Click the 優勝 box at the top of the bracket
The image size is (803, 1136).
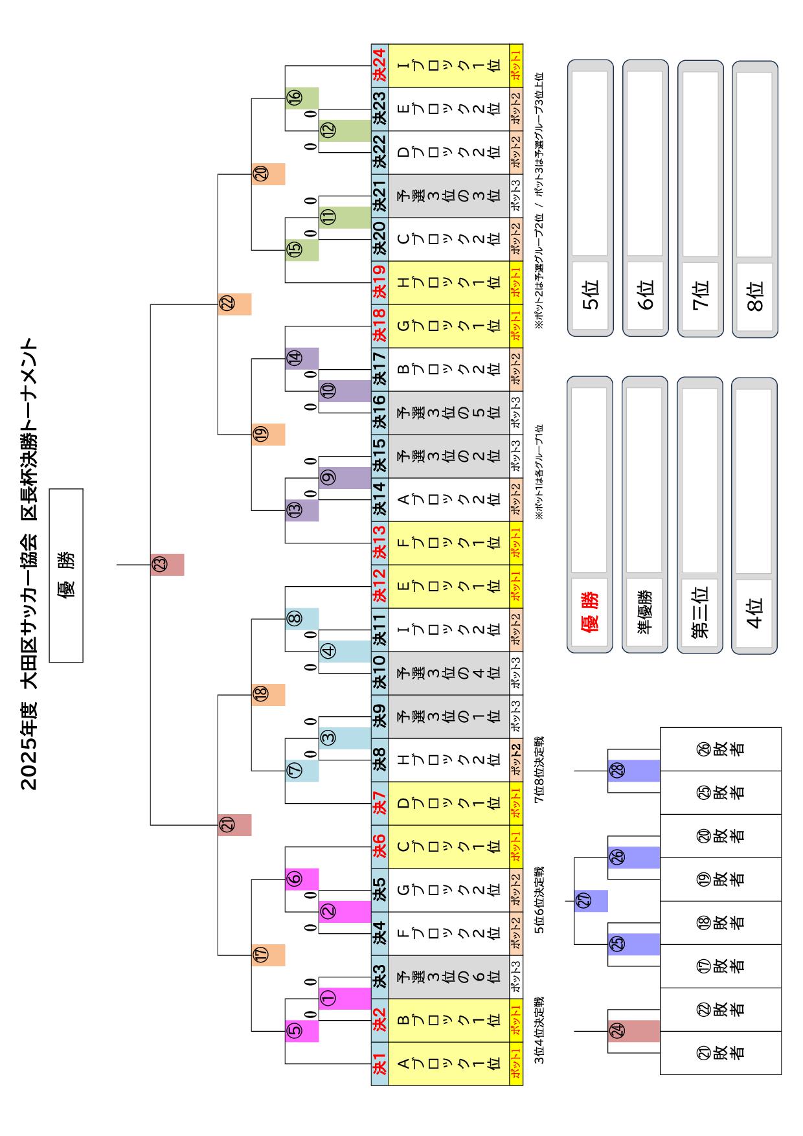point(66,575)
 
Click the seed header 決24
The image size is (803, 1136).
point(379,65)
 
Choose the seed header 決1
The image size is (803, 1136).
point(379,1063)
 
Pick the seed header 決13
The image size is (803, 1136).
point(379,543)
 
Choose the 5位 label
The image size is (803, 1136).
point(590,296)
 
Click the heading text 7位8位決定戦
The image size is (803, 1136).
point(539,770)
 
